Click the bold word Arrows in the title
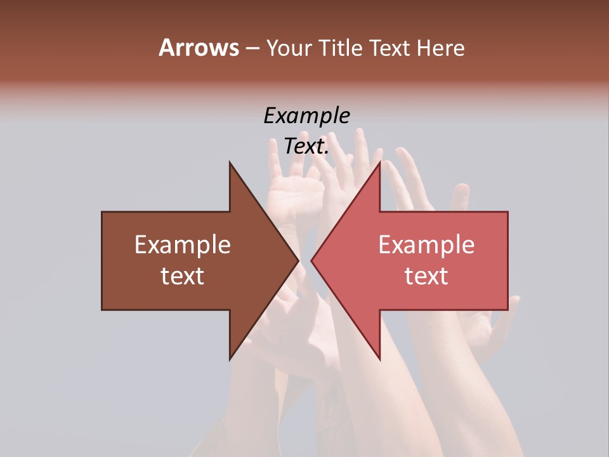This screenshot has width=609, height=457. click(x=199, y=48)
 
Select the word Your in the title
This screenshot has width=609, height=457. click(x=289, y=48)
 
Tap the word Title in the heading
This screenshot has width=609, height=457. click(x=341, y=48)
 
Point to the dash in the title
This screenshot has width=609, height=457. click(x=252, y=49)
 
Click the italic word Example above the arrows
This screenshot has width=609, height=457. click(x=306, y=116)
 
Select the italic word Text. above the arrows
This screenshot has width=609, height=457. click(x=306, y=147)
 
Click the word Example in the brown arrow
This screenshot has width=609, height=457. click(x=183, y=245)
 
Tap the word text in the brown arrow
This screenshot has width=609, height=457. click(x=183, y=276)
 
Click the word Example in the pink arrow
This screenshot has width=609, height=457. click(x=426, y=245)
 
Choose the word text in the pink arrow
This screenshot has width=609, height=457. click(x=426, y=276)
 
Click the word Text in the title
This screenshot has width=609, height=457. click(x=391, y=48)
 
